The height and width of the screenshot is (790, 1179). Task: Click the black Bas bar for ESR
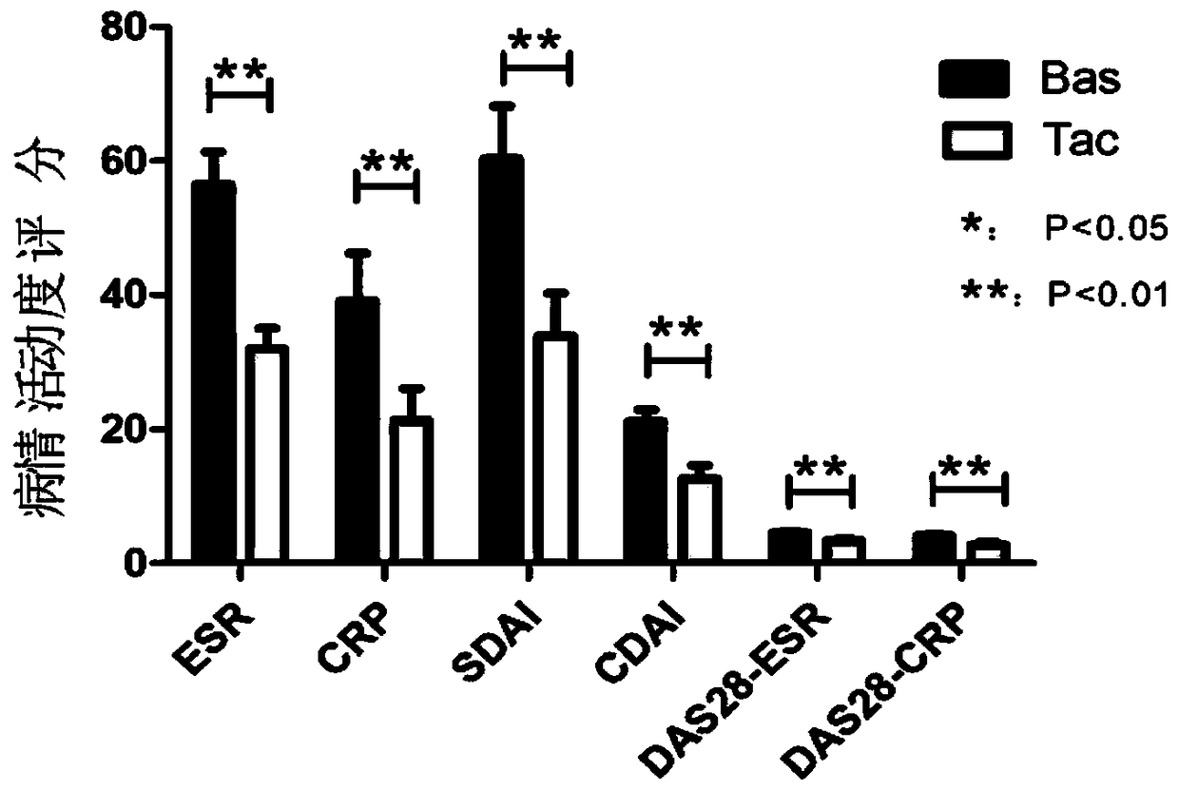point(213,371)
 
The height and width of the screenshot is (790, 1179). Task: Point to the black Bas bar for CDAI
point(646,491)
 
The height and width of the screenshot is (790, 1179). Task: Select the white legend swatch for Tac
point(974,141)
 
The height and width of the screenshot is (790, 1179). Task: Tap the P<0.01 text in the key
point(1106,297)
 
